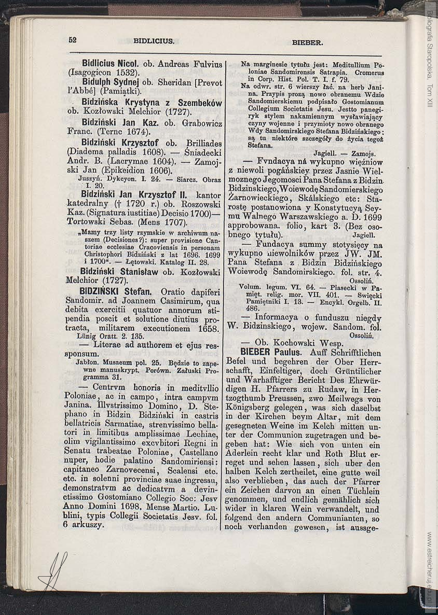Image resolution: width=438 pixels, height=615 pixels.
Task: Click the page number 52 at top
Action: (72, 39)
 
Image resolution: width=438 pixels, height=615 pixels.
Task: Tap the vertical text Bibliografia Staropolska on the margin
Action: (430, 47)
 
